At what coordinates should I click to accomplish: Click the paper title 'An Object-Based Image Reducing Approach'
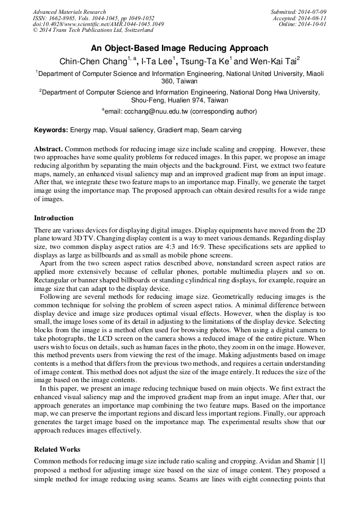tap(179, 48)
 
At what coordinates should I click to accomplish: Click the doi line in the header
tap(98, 24)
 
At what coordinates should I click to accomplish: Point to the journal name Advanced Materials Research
tap(70, 12)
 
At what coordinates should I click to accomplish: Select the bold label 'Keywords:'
tap(51, 130)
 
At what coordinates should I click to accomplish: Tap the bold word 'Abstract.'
tap(48, 150)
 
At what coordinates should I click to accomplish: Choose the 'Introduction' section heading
tap(54, 218)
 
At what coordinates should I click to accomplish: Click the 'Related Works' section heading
tap(57, 450)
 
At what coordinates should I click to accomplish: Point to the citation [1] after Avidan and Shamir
tap(321, 460)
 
